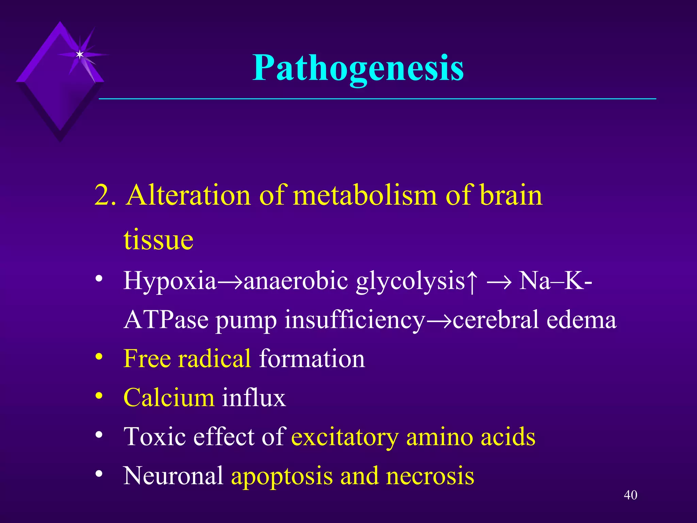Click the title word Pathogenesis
[358, 68]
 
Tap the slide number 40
[630, 495]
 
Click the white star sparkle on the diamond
[80, 54]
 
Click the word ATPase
[166, 320]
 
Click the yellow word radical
[214, 359]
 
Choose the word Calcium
[168, 397]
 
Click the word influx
[254, 397]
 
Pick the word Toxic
[155, 437]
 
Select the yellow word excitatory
[345, 437]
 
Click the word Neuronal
[173, 476]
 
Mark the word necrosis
[430, 476]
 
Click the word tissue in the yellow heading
[159, 240]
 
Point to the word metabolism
[365, 195]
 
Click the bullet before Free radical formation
[99, 357]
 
